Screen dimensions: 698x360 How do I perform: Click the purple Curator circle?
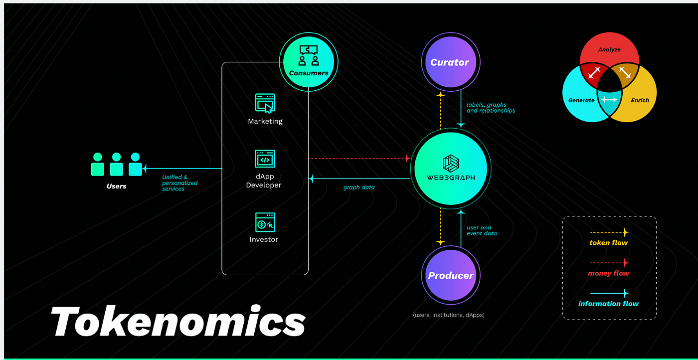point(450,62)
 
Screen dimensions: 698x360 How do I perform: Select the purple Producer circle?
point(451,276)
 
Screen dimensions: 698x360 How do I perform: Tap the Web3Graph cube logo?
point(450,163)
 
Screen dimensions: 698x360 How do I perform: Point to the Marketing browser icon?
point(265,104)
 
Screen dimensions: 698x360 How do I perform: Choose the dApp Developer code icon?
point(265,159)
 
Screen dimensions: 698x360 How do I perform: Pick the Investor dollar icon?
point(265,222)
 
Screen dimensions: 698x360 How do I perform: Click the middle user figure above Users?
point(117,164)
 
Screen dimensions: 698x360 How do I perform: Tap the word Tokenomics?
point(178,322)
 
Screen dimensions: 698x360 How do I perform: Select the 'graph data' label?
point(358,187)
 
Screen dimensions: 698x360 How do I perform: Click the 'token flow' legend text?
point(608,243)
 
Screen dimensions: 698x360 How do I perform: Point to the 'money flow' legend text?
point(608,273)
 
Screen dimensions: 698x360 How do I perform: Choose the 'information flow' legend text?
point(608,304)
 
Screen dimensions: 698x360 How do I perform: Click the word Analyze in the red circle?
point(609,50)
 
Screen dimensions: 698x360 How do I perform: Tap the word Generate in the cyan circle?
point(581,100)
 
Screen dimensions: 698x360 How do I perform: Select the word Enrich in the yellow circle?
point(640,100)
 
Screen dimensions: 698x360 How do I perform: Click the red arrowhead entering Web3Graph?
point(407,159)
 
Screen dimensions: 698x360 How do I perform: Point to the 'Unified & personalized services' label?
point(179,183)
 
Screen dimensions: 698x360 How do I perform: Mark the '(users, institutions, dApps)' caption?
point(448,315)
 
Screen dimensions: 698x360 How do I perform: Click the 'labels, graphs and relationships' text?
point(491,108)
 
